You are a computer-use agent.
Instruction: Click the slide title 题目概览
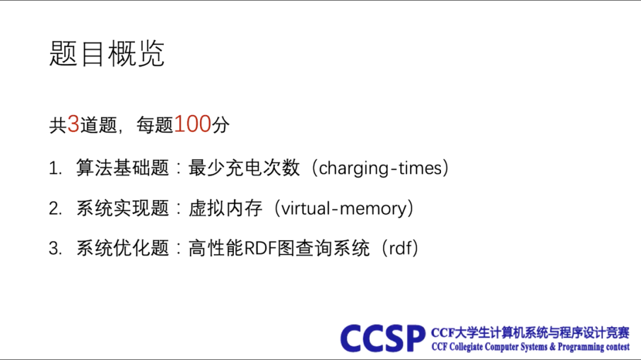click(x=107, y=53)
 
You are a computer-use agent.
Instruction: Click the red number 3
click(x=73, y=124)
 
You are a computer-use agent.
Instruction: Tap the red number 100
click(x=192, y=124)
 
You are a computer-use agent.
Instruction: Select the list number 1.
click(x=55, y=168)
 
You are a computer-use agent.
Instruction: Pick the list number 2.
click(x=55, y=209)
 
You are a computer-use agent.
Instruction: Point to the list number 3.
click(x=55, y=249)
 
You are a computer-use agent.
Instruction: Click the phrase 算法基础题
click(x=123, y=168)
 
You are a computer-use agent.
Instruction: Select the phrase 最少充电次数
click(x=244, y=168)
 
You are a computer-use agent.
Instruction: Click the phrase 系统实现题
click(x=123, y=208)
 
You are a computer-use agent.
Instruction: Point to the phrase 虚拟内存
click(x=226, y=208)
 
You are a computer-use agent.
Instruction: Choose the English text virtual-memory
click(x=344, y=208)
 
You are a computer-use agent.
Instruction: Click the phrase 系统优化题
click(x=123, y=248)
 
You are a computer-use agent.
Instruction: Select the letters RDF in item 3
click(x=260, y=248)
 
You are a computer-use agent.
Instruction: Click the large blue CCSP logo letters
click(x=382, y=338)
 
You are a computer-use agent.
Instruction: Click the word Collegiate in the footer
click(x=467, y=348)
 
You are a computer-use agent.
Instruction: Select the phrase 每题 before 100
click(x=155, y=125)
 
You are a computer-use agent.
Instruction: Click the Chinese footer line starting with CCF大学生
click(x=530, y=333)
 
